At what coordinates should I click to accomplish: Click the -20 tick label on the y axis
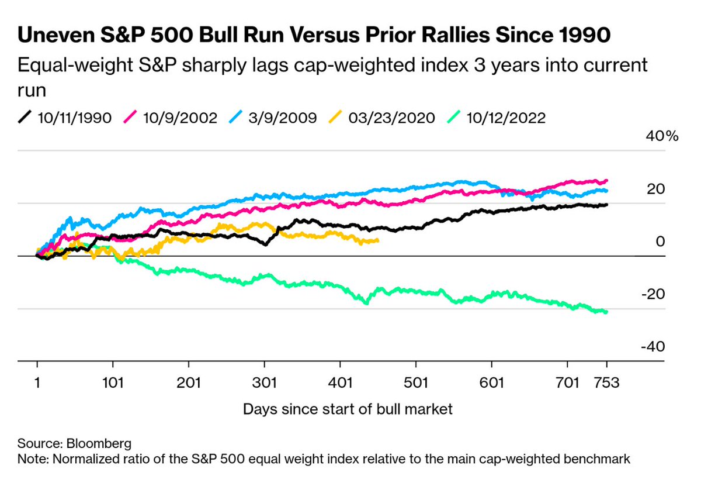(x=652, y=294)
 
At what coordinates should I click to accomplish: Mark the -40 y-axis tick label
(x=652, y=347)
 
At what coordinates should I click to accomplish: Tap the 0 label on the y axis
(x=660, y=242)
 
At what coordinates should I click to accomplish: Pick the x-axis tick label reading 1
(x=37, y=383)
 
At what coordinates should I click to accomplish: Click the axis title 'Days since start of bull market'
(x=348, y=409)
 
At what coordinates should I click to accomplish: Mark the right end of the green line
(x=606, y=312)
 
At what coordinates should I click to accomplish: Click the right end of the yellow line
(x=377, y=240)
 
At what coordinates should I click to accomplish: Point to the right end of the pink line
(x=606, y=181)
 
